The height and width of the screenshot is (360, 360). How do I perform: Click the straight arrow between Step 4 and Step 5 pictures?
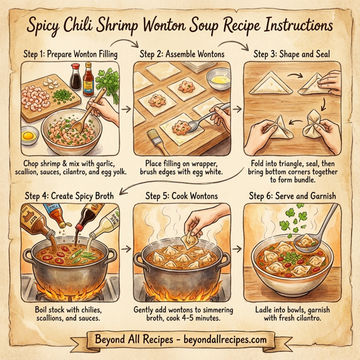[127, 247]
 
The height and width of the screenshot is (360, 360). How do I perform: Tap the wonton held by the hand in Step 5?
[191, 239]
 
